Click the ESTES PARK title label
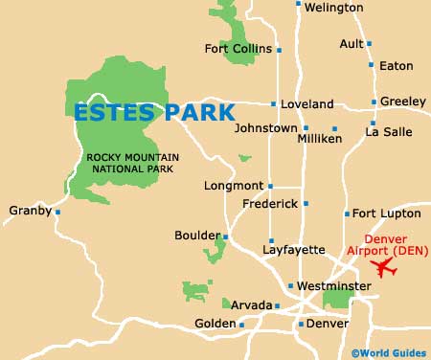coord(154,112)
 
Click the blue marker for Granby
coord(57,212)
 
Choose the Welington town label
coord(334,8)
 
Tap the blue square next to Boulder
coord(226,236)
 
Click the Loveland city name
coord(307,103)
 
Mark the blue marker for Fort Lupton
coord(347,214)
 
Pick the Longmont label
coord(234,186)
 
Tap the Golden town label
coord(215,324)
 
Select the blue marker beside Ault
coord(369,43)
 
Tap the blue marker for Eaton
coord(374,65)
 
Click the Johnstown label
coord(266,127)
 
